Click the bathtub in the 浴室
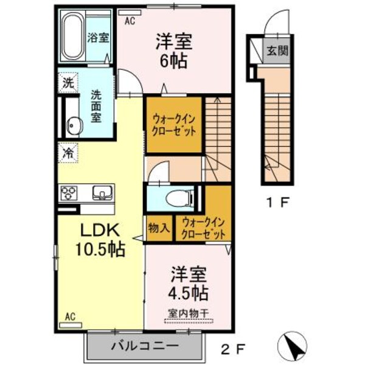coord(73,36)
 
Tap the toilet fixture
coord(180,198)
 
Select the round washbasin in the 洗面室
coord(74,125)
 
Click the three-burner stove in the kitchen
coord(69,193)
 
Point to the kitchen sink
coord(102,193)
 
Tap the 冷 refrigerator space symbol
coord(68,153)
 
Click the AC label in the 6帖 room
coord(130,21)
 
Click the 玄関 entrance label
coord(277,50)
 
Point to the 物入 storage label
coord(159,228)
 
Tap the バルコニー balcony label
coord(145,346)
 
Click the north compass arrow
coord(293,346)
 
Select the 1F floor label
coord(278,203)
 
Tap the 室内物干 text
coord(188,313)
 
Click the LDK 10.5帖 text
coord(100,240)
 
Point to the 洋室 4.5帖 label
coord(188,283)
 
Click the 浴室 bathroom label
coord(98,38)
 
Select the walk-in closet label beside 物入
coord(203,228)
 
